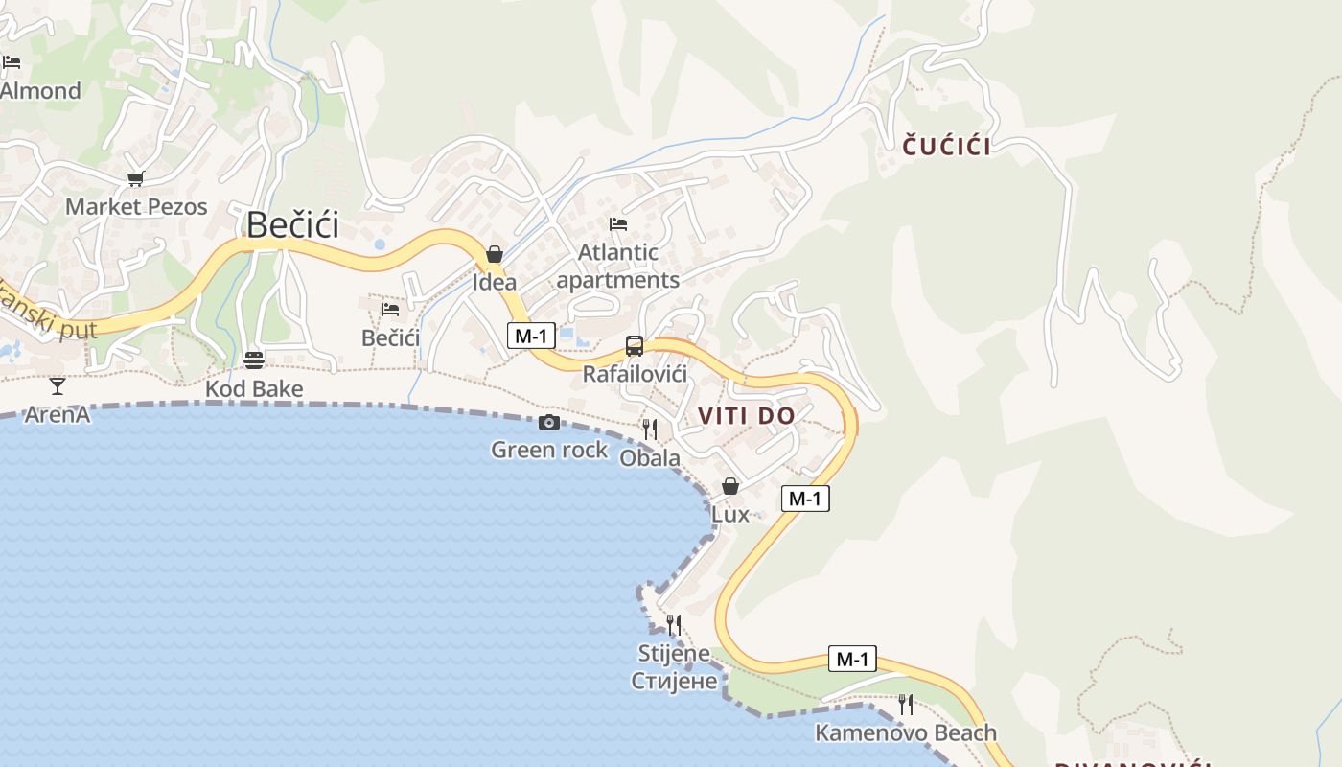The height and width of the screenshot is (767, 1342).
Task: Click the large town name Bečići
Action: click(x=292, y=224)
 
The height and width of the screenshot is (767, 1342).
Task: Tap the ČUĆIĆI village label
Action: click(x=947, y=146)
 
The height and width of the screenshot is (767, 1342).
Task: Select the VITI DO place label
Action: click(x=747, y=416)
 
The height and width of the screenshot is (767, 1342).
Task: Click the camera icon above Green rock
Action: click(x=549, y=422)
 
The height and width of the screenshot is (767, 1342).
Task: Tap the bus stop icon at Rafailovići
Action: click(x=634, y=346)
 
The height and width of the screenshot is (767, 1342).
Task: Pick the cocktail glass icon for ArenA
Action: click(x=58, y=386)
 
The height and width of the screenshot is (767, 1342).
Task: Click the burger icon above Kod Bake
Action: click(x=254, y=360)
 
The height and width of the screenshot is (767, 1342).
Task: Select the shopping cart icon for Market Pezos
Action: click(x=135, y=178)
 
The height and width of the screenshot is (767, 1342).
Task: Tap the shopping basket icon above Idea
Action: click(x=495, y=254)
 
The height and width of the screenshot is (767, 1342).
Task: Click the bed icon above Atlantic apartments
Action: click(x=618, y=224)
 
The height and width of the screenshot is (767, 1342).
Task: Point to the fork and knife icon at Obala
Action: click(x=650, y=429)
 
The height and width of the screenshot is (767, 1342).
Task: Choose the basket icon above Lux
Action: click(x=730, y=486)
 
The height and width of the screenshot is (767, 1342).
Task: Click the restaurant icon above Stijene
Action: click(x=674, y=625)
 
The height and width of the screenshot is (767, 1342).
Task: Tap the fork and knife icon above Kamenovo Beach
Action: click(x=905, y=705)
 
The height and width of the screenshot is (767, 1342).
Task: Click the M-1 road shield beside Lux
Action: click(x=805, y=499)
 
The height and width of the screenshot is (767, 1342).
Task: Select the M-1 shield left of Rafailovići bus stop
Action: click(x=531, y=336)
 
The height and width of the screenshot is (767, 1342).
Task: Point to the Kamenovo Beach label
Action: click(x=905, y=733)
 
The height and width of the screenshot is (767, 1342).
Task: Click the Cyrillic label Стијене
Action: click(x=674, y=681)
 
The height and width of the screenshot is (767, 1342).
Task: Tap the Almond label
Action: click(x=40, y=91)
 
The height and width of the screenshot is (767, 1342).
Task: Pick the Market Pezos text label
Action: click(x=136, y=206)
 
